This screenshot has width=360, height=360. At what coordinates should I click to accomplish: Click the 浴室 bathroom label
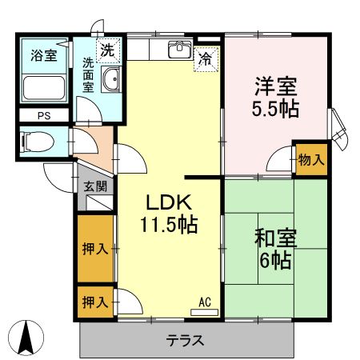click(42, 56)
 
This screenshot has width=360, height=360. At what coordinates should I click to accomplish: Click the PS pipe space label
click(42, 114)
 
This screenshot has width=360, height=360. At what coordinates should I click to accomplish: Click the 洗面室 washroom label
click(88, 74)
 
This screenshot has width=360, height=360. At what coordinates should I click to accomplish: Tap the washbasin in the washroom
click(112, 80)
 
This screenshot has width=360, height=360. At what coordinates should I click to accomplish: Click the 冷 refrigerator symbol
click(206, 58)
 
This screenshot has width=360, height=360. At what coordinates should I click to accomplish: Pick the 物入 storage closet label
click(310, 159)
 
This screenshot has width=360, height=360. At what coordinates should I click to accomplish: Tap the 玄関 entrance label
click(94, 186)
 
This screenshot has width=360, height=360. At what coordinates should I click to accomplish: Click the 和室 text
click(275, 238)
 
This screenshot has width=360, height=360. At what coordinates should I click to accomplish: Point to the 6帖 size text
click(275, 261)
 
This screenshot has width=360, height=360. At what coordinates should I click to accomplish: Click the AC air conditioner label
click(205, 302)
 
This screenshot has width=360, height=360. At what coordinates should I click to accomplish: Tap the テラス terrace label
click(185, 339)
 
